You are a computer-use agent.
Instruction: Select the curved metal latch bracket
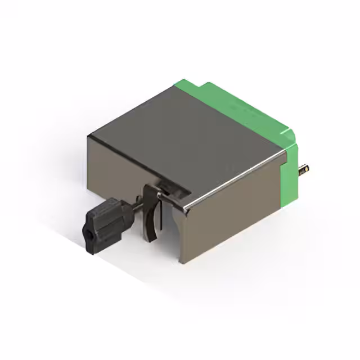click(151, 214)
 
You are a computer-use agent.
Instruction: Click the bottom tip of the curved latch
click(151, 240)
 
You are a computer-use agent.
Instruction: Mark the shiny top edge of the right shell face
click(236, 180)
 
